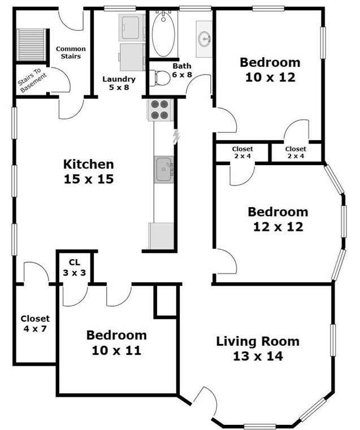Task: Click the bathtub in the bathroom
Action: pyautogui.click(x=163, y=34)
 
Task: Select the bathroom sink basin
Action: pyautogui.click(x=205, y=39)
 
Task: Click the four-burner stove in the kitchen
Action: pyautogui.click(x=161, y=110)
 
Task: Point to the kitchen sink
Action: pyautogui.click(x=164, y=170)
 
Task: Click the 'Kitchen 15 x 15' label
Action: pyautogui.click(x=89, y=171)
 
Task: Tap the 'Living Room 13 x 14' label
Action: pyautogui.click(x=258, y=349)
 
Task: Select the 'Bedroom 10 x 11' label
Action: pyautogui.click(x=116, y=343)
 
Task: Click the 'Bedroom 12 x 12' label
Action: pyautogui.click(x=278, y=220)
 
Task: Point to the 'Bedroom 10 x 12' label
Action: pyautogui.click(x=270, y=70)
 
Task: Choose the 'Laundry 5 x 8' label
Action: pyautogui.click(x=119, y=83)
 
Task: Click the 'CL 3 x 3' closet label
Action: pyautogui.click(x=75, y=268)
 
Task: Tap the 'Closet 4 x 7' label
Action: pyautogui.click(x=35, y=323)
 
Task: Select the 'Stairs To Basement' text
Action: pyautogui.click(x=32, y=80)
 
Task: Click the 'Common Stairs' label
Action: pyautogui.click(x=71, y=53)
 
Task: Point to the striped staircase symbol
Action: pyautogui.click(x=31, y=45)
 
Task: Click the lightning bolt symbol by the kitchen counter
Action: pyautogui.click(x=176, y=136)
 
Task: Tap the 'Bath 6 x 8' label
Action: pyautogui.click(x=182, y=70)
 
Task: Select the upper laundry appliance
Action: pyautogui.click(x=132, y=28)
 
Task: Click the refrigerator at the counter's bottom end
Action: pyautogui.click(x=161, y=236)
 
